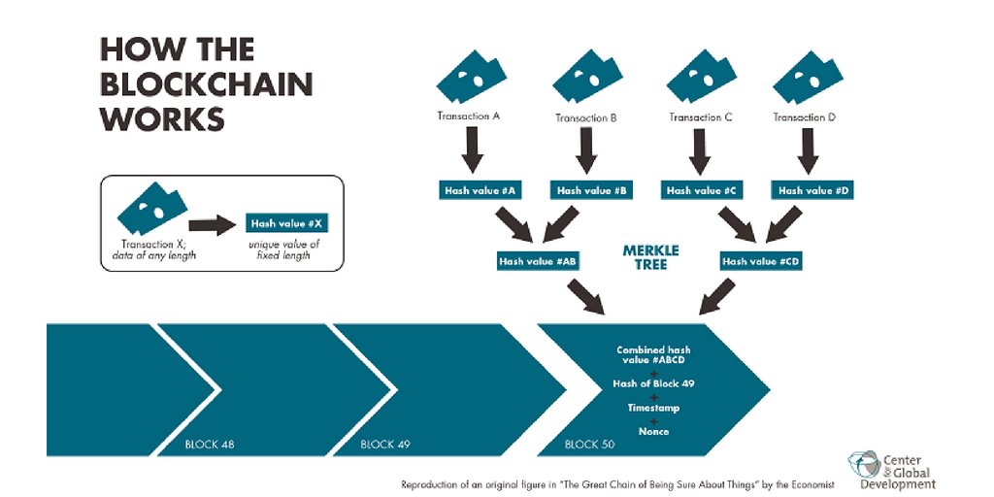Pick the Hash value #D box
(x=813, y=191)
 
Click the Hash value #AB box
(x=536, y=261)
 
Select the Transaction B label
(x=586, y=118)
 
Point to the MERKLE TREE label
(x=650, y=257)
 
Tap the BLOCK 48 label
(x=210, y=445)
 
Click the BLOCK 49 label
(x=385, y=445)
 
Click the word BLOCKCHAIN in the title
(x=207, y=84)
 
